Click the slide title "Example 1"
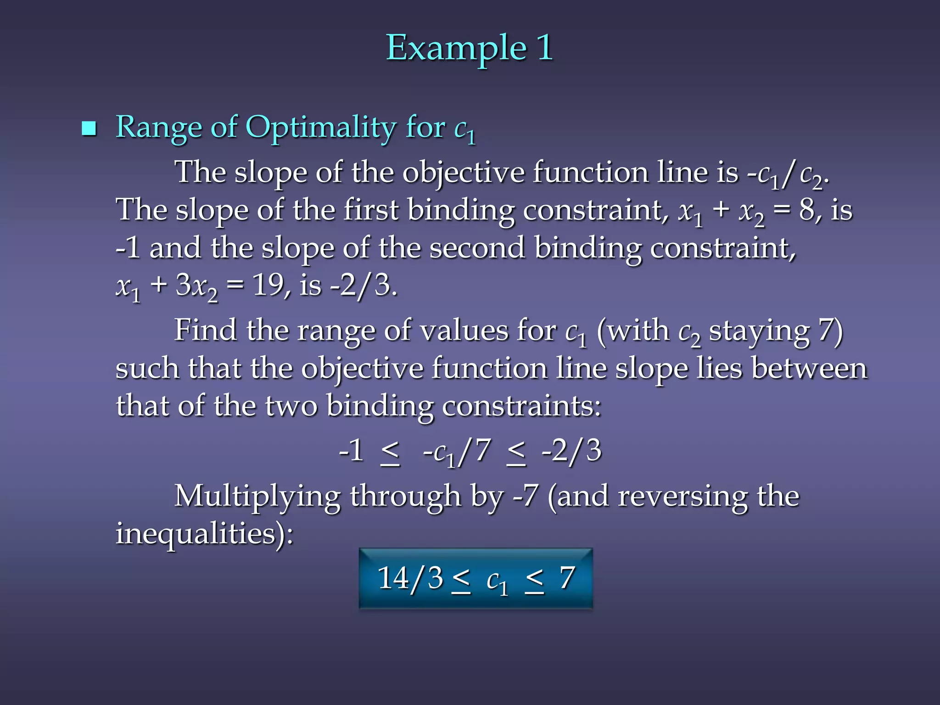(469, 48)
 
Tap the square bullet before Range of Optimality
(89, 129)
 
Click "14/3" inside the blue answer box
(410, 578)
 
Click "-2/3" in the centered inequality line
(571, 451)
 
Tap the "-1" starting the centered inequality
(351, 451)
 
